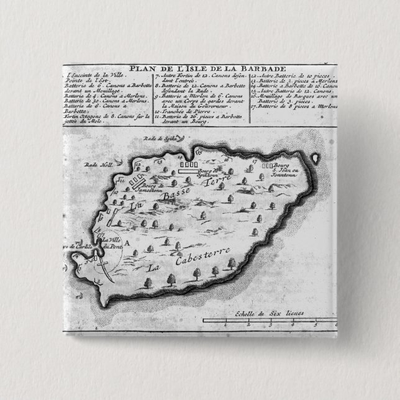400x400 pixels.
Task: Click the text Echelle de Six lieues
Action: (x=263, y=314)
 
